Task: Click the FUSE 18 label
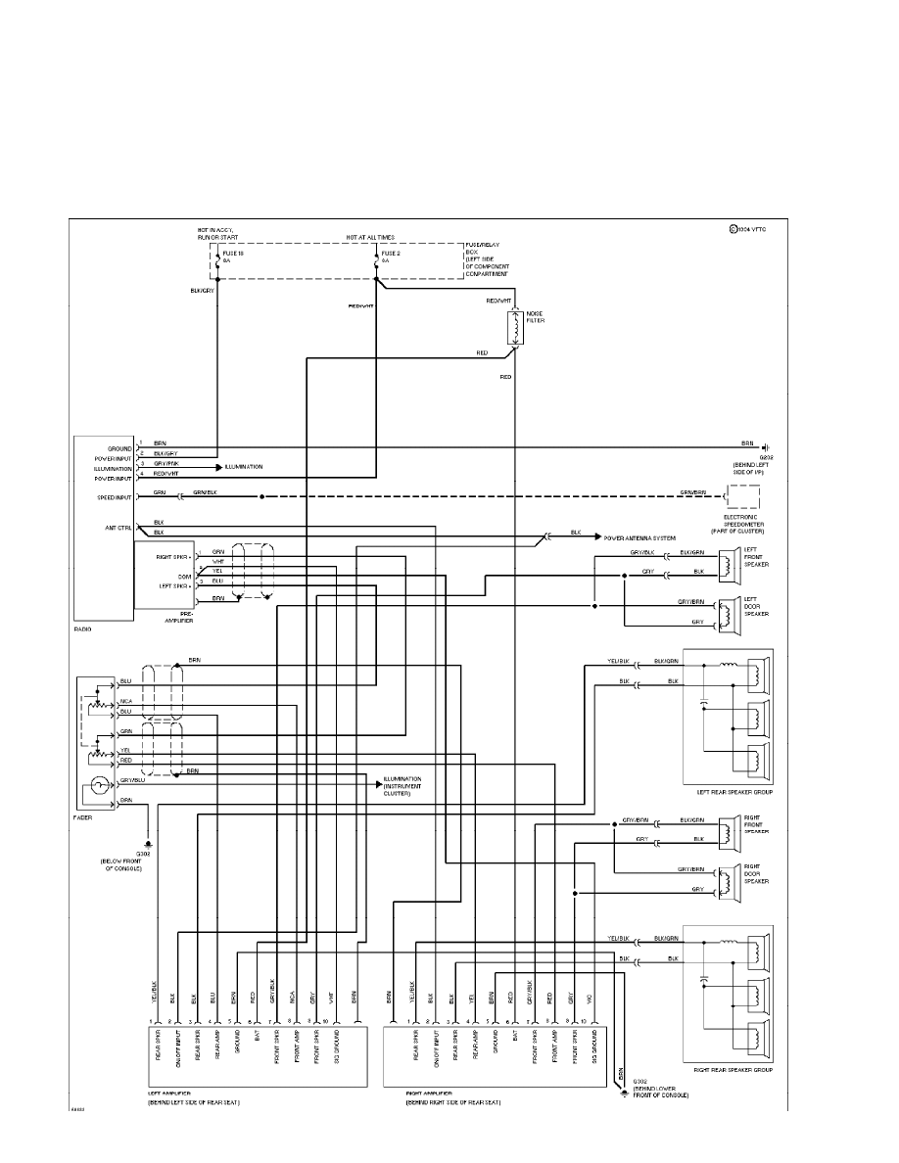pos(234,253)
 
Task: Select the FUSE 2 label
pos(391,253)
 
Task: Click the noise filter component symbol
pos(514,330)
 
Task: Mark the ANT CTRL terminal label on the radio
pos(119,527)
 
